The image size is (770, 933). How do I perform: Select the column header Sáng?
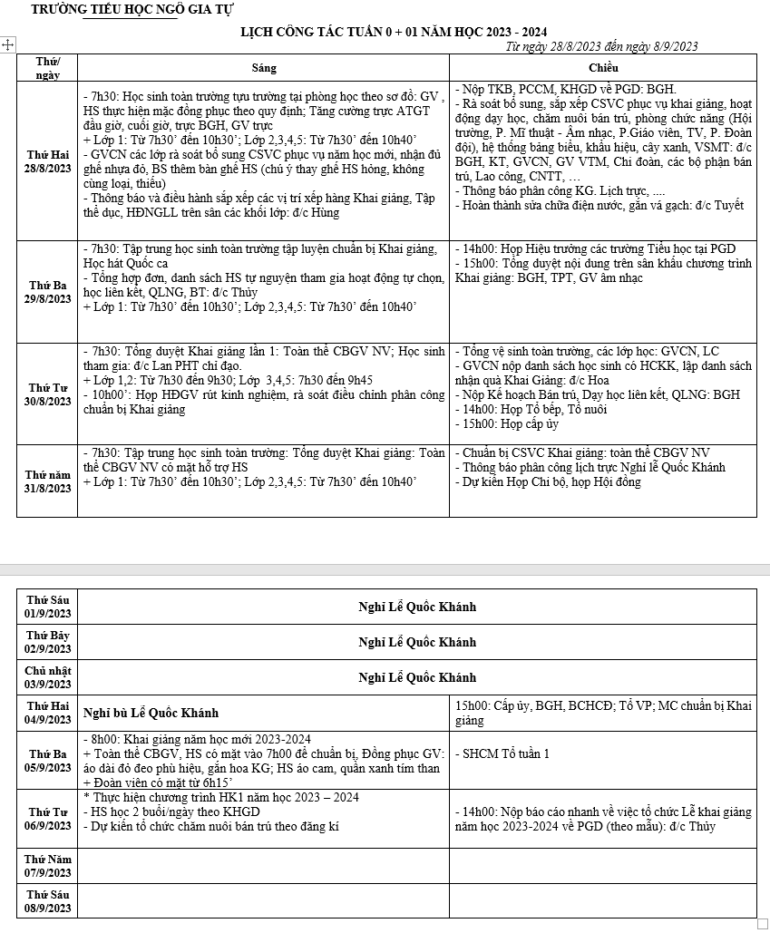coord(264,68)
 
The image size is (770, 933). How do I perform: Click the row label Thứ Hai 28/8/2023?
coord(47,161)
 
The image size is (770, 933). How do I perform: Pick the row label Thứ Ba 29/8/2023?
coord(47,292)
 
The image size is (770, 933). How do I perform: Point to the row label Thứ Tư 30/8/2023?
coord(47,394)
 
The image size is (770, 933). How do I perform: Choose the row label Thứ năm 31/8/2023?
coord(47,481)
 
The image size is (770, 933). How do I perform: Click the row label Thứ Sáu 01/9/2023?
coord(47,607)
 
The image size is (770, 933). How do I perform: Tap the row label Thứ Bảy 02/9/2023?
coord(47,642)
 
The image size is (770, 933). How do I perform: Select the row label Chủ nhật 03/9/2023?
coord(47,677)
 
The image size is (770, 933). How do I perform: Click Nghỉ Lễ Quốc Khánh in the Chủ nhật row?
coord(417,677)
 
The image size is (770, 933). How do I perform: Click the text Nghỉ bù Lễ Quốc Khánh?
coord(151,713)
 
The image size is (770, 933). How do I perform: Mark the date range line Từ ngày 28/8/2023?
coord(601,46)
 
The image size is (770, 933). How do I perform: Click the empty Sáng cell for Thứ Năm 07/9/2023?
coord(264,865)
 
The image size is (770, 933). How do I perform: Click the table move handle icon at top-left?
coord(8,44)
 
